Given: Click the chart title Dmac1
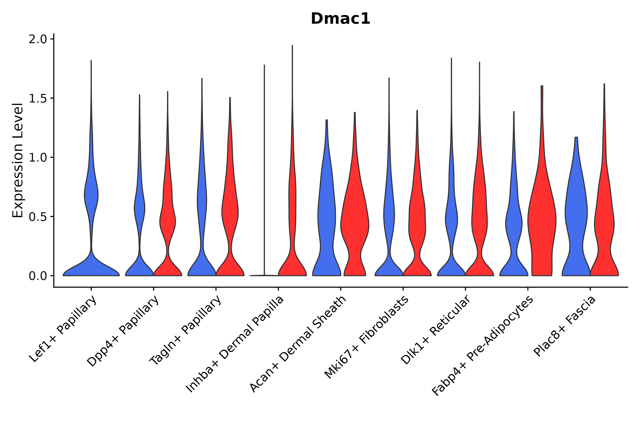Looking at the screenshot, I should coord(340,19).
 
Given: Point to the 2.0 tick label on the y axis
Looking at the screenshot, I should coord(37,39).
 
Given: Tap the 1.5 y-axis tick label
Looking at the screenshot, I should coord(37,99).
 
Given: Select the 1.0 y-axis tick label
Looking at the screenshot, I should coord(37,158).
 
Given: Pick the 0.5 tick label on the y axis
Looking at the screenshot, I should coord(37,217).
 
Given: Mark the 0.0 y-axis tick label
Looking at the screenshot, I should coord(37,276).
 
